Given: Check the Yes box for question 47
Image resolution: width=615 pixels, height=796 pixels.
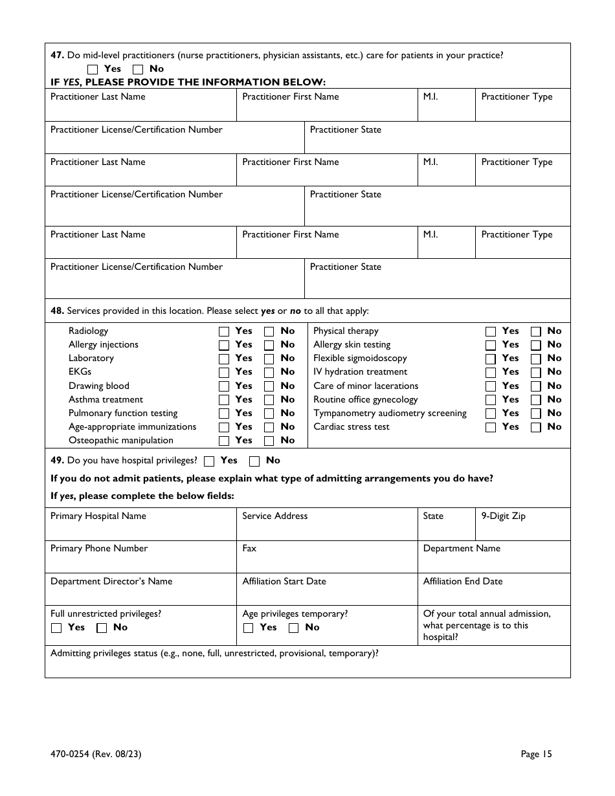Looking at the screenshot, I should [93, 69].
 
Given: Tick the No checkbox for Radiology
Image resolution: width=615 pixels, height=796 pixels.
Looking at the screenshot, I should [269, 331].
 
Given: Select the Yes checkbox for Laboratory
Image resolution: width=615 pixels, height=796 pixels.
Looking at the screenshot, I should [224, 359].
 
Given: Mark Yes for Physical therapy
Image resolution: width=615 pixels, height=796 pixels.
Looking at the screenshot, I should [491, 331].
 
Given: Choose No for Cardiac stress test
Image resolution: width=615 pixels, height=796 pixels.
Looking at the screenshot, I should [536, 427].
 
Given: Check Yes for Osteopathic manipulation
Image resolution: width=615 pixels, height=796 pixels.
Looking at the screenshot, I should [224, 441].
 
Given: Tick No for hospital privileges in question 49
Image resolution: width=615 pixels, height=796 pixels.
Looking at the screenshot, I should [254, 461].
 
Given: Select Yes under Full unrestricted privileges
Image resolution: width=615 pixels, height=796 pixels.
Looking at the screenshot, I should [56, 628].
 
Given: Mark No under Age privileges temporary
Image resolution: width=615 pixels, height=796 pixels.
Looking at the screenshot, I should [294, 628].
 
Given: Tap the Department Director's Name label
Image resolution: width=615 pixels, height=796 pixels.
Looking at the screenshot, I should [111, 581].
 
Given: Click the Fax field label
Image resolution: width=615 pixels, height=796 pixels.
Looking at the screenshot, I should [249, 548].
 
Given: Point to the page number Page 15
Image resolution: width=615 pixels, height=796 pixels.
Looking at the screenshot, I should [536, 753].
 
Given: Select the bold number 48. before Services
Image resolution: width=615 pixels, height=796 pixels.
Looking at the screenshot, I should [57, 311].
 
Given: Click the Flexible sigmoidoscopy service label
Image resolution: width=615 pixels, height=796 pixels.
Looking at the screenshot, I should [360, 358].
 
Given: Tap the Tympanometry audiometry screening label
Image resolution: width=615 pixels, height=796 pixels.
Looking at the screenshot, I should [390, 413].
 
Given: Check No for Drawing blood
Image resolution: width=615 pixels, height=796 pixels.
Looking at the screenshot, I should [269, 386].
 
